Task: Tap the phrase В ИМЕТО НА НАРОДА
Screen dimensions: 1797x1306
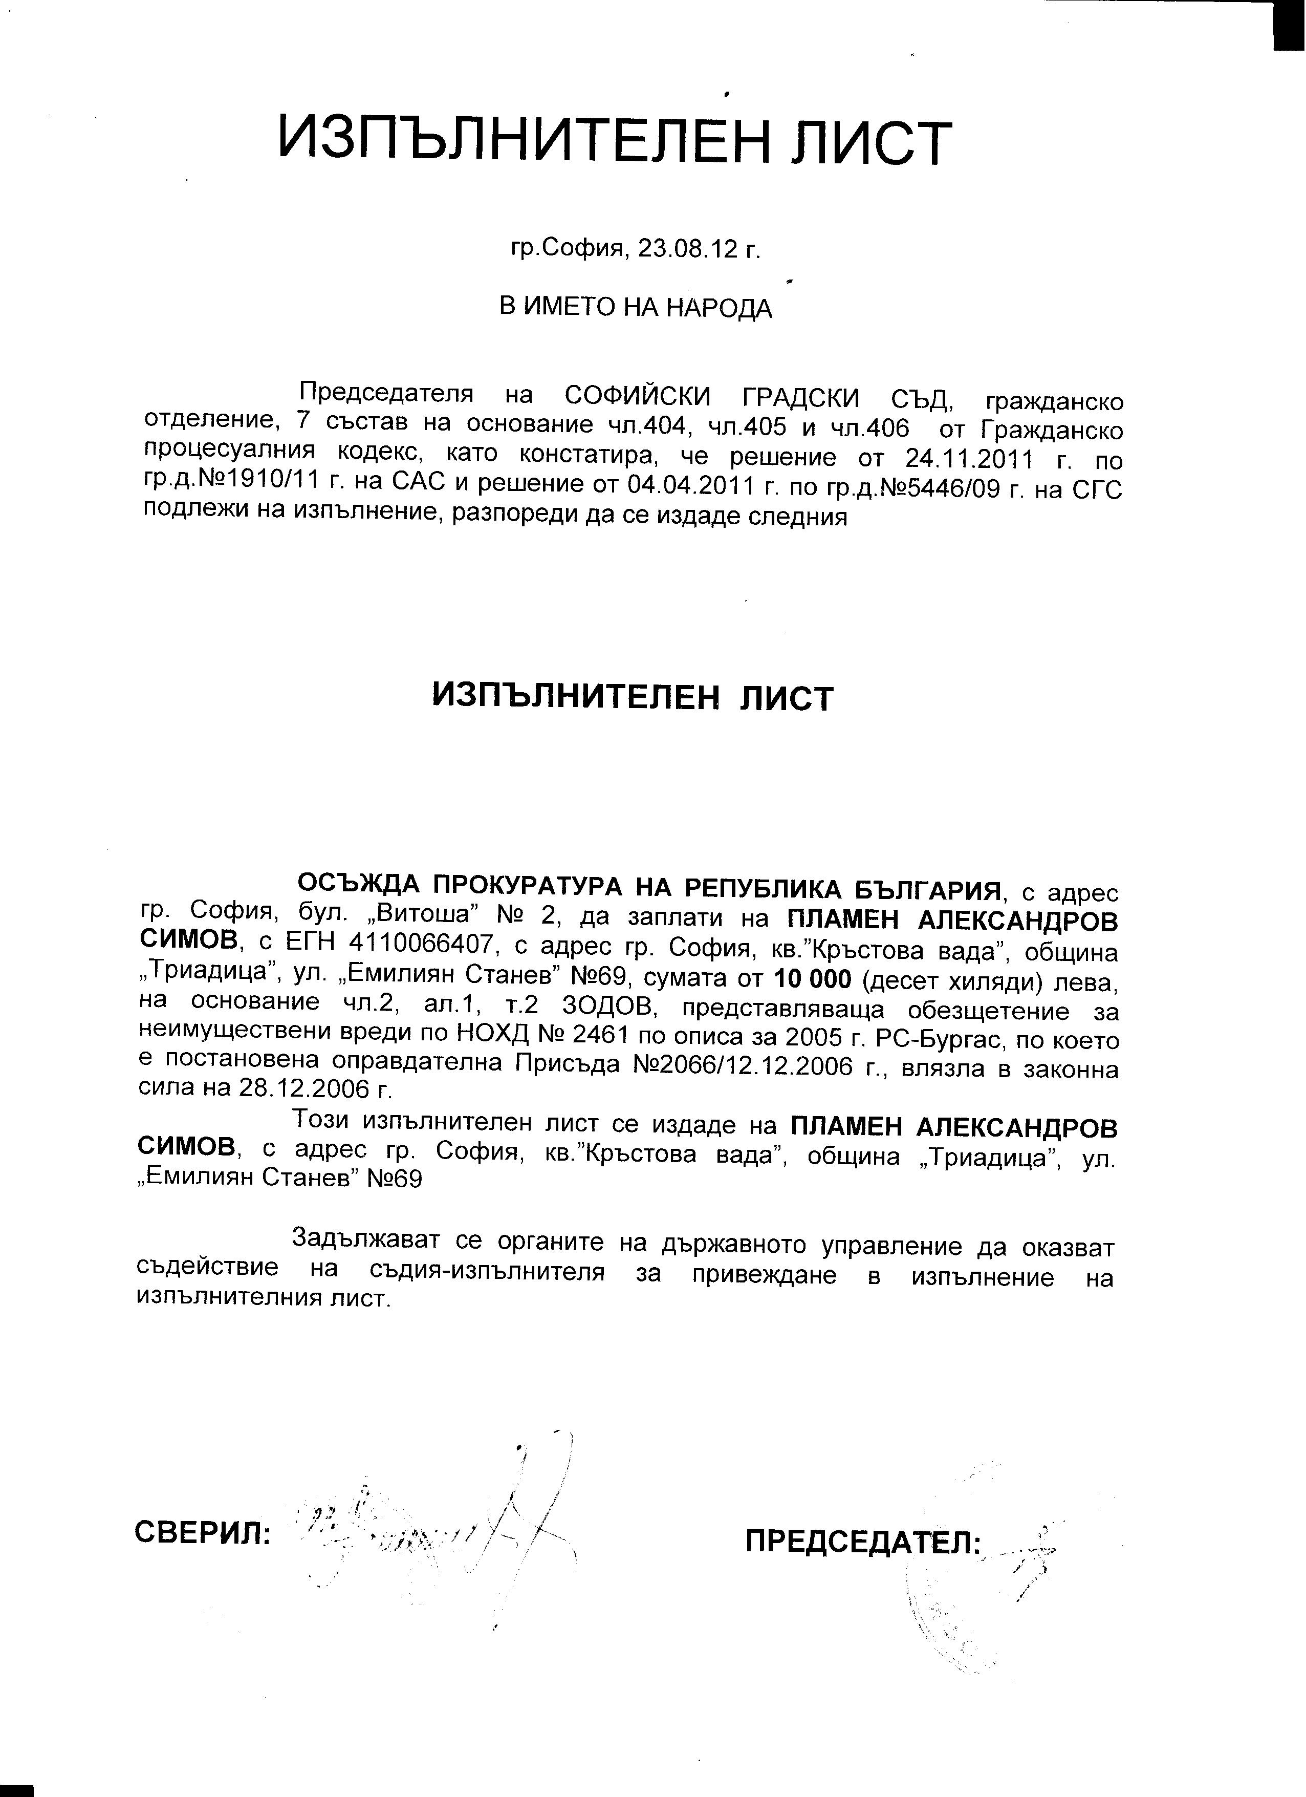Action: [635, 307]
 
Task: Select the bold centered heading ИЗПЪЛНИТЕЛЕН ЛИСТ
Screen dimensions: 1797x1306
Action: [633, 697]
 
